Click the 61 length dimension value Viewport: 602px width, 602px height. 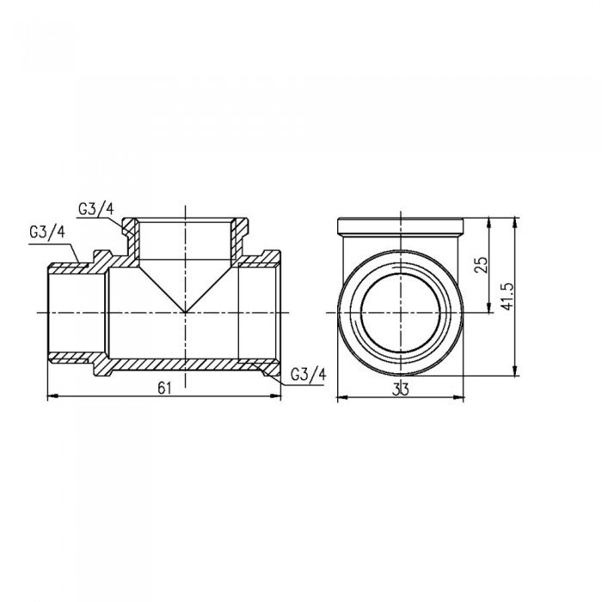click(x=164, y=388)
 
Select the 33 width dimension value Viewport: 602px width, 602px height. click(x=399, y=388)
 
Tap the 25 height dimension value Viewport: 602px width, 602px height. click(x=482, y=265)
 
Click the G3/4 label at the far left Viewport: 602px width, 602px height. click(x=46, y=232)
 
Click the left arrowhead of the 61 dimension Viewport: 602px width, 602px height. click(x=48, y=396)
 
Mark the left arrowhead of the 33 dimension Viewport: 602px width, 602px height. click(x=338, y=396)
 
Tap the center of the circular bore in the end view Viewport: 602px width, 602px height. click(x=399, y=310)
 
